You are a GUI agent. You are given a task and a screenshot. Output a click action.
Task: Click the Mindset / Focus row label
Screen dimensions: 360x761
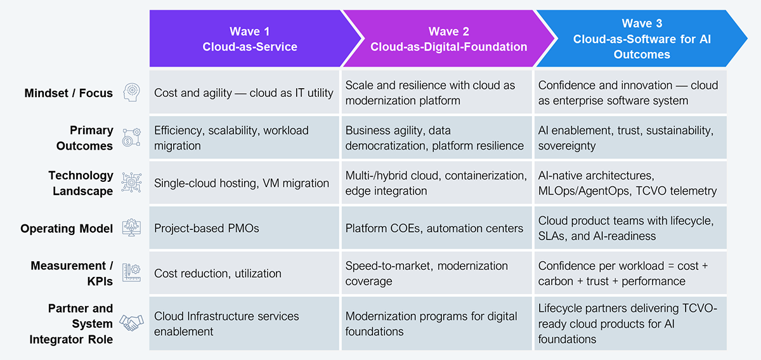coord(68,93)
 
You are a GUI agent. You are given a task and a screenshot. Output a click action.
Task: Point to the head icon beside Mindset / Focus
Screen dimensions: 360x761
coord(131,93)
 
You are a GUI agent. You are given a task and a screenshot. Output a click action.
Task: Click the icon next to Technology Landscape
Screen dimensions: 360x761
coord(131,183)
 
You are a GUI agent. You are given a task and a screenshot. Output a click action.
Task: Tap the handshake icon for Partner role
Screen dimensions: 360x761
coord(131,323)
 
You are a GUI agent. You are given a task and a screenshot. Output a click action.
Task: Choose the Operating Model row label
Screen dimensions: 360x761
coord(67,228)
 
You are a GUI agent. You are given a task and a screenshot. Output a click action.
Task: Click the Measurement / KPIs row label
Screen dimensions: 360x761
coord(72,273)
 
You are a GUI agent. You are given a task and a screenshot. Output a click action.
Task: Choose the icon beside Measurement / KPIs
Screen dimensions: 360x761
coord(131,273)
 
